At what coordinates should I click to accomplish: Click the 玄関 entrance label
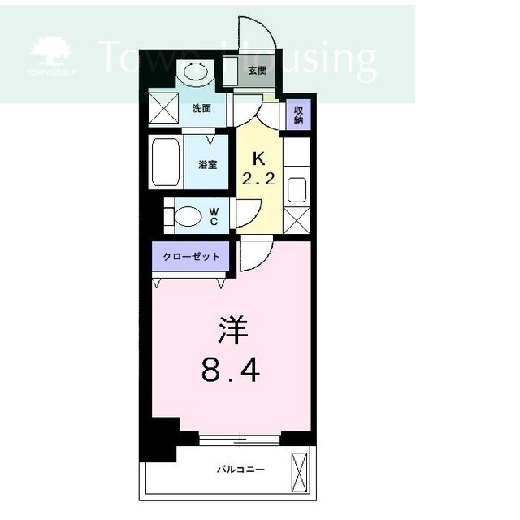pos(258,71)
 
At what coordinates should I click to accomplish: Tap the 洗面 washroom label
pos(201,108)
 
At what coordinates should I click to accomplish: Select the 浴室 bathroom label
pos(208,164)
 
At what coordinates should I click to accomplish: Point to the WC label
pos(214,216)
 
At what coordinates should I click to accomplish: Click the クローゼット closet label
pos(191,257)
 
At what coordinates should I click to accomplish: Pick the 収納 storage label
pos(298,115)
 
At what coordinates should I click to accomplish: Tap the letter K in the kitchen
pos(258,159)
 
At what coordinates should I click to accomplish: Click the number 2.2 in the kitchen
pos(258,179)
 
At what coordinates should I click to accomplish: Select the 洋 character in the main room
pos(233,330)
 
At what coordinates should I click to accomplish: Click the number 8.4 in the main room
pos(231,370)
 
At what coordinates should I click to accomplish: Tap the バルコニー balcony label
pos(240,470)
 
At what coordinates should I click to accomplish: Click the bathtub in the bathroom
pos(166,162)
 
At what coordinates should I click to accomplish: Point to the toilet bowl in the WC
pos(188,216)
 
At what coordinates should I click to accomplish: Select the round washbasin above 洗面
pos(196,71)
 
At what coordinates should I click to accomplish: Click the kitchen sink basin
pos(297,189)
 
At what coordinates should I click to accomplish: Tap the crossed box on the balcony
pos(299,472)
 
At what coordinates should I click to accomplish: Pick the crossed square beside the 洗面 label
pos(163,108)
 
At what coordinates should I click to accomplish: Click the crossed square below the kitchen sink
pos(297,220)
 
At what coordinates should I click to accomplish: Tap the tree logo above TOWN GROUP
pos(50,50)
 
